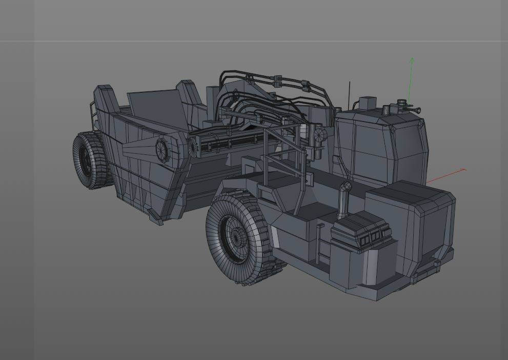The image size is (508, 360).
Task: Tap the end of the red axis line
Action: tap(464, 169)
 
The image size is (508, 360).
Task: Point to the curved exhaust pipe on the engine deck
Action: tap(344, 195)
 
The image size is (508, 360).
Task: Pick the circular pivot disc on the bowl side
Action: tap(162, 149)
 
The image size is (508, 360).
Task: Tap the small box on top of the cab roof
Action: tap(367, 103)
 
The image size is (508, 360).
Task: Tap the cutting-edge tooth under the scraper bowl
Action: tap(154, 216)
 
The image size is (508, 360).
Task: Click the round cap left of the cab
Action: tap(320, 135)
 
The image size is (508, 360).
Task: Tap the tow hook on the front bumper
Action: tap(437, 264)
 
